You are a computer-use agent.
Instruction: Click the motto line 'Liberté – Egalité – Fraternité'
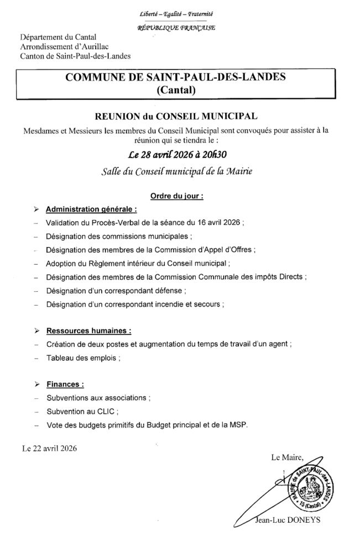[177, 13]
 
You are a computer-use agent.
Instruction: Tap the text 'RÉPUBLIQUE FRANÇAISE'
[176, 27]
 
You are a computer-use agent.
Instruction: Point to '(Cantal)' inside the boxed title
[176, 90]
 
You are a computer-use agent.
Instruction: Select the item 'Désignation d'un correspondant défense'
[115, 290]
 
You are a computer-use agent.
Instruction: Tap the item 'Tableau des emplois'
[82, 358]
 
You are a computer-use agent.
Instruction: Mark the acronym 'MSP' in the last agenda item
[239, 424]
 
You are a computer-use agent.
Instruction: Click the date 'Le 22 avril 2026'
[49, 448]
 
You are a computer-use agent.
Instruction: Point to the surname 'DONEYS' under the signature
[302, 520]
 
